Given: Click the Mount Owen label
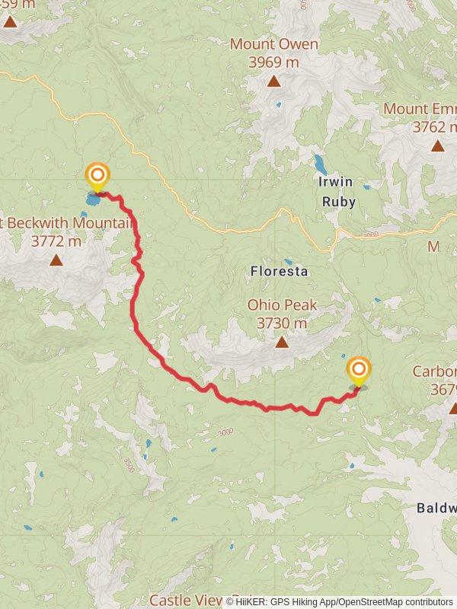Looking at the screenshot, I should [274, 44].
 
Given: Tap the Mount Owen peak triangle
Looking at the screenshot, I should [273, 81].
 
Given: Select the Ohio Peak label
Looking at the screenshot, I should [282, 305].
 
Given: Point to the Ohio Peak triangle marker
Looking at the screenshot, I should [282, 342].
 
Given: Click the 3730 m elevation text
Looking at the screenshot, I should [282, 324].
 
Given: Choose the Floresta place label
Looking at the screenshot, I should [279, 271].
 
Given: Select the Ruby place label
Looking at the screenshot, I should [338, 202].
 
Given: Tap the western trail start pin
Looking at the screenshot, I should [97, 177].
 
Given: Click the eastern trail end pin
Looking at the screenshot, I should [359, 371].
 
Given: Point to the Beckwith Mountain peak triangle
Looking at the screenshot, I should [56, 260].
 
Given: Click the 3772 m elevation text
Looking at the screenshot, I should [56, 242].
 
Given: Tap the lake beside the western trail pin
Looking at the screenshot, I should [94, 202].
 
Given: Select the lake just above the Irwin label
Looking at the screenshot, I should [321, 164].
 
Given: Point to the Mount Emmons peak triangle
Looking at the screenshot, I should [437, 145].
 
